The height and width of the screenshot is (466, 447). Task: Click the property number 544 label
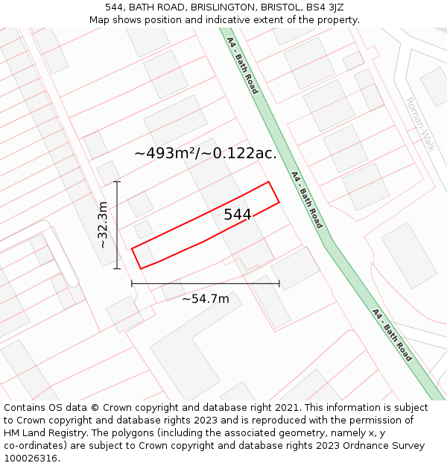[238, 215]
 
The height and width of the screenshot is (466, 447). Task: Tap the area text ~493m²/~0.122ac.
[206, 154]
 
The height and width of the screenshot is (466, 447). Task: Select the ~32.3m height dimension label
[103, 224]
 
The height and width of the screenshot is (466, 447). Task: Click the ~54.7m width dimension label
[206, 299]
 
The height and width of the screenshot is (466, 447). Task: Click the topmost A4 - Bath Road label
[242, 66]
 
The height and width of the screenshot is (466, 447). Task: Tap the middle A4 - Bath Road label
[306, 199]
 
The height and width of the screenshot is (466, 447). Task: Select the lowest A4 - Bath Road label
[392, 335]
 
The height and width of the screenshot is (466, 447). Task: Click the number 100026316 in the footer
[31, 459]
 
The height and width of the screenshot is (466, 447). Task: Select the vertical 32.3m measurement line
[117, 224]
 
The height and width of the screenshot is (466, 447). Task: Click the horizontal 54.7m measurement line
[206, 283]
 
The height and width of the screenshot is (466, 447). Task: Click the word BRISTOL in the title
[273, 7]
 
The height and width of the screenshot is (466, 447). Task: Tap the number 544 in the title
[114, 7]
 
